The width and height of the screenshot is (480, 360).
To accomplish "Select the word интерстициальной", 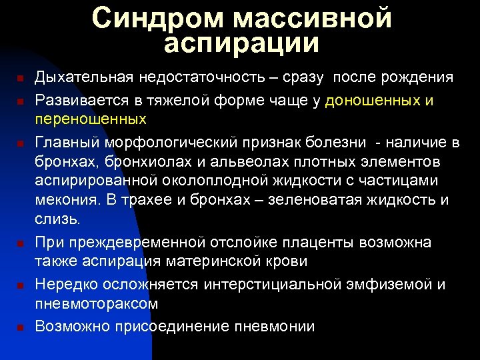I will click(x=273, y=285).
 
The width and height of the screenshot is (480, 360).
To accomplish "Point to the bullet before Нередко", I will click(x=20, y=286).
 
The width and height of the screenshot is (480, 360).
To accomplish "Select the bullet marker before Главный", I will click(x=20, y=144).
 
